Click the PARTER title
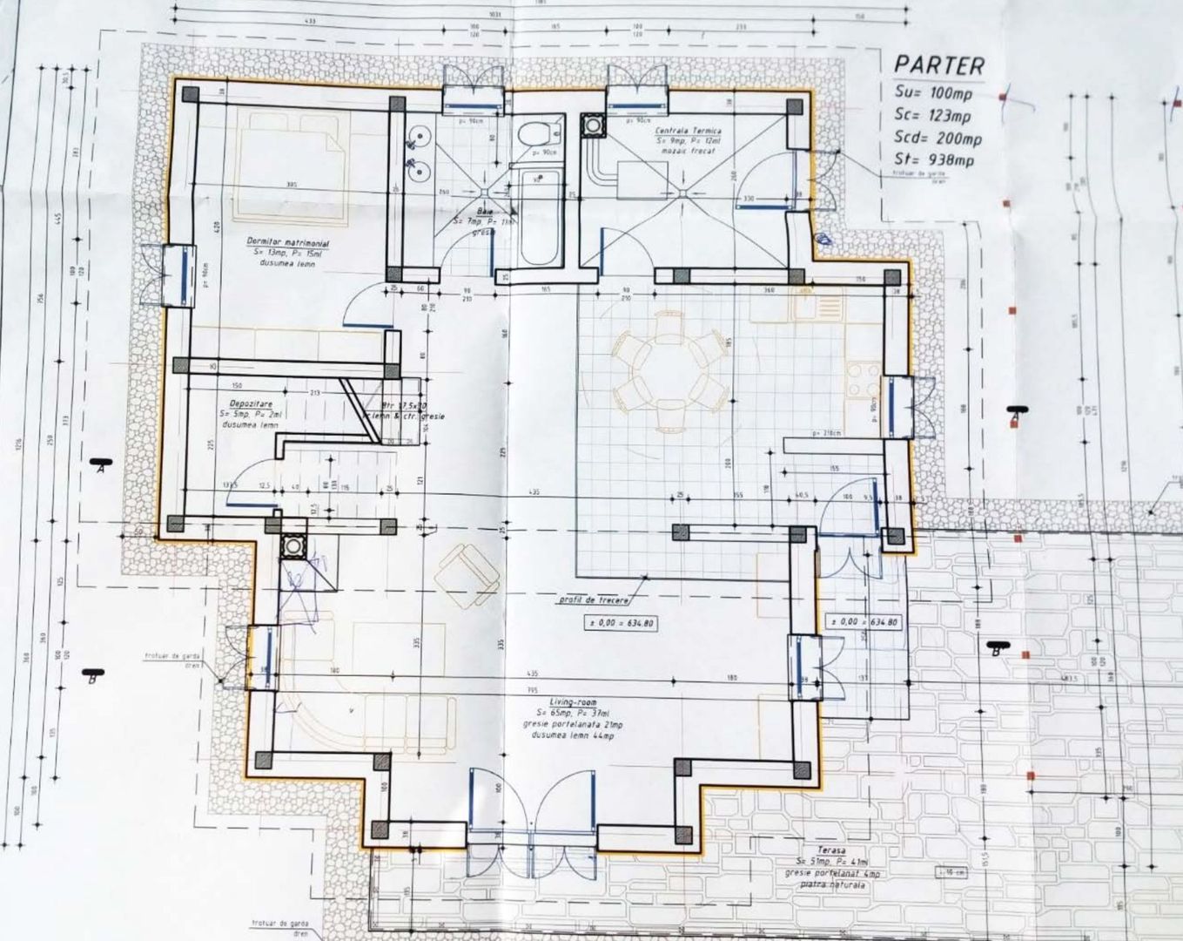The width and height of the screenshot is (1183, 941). point(939,64)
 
